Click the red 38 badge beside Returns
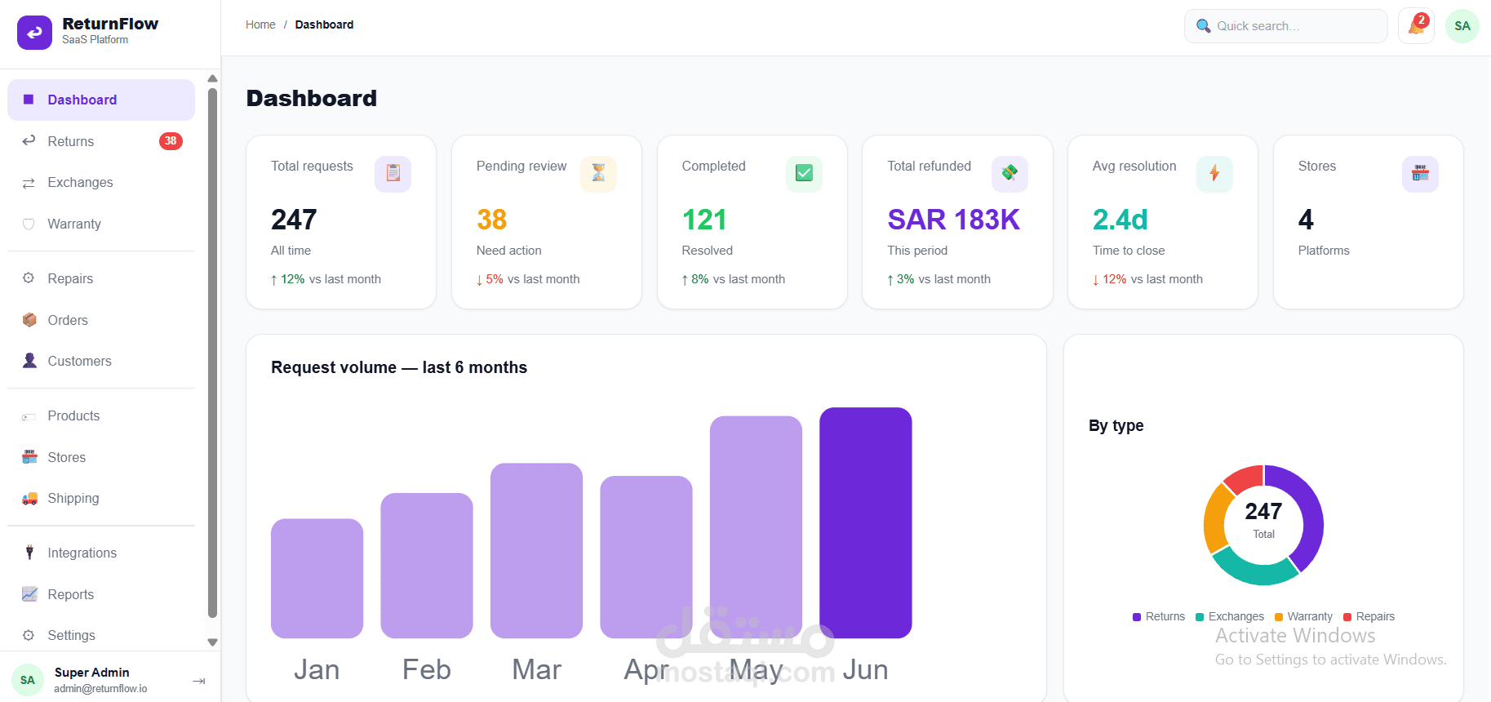pyautogui.click(x=171, y=141)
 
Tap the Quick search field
pyautogui.click(x=1285, y=26)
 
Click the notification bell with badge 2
pyautogui.click(x=1416, y=26)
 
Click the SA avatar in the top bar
pyautogui.click(x=1462, y=26)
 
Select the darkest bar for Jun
pyautogui.click(x=865, y=522)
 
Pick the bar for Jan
pyautogui.click(x=317, y=578)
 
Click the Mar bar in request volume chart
pyautogui.click(x=536, y=550)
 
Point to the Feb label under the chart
pyautogui.click(x=427, y=669)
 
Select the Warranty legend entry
pyautogui.click(x=1303, y=616)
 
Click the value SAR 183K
pyautogui.click(x=953, y=220)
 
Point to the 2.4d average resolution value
pyautogui.click(x=1120, y=220)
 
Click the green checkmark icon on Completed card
pyautogui.click(x=804, y=173)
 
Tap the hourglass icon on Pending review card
pyautogui.click(x=598, y=173)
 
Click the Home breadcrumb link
pyautogui.click(x=260, y=24)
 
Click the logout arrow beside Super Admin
pyautogui.click(x=198, y=681)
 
